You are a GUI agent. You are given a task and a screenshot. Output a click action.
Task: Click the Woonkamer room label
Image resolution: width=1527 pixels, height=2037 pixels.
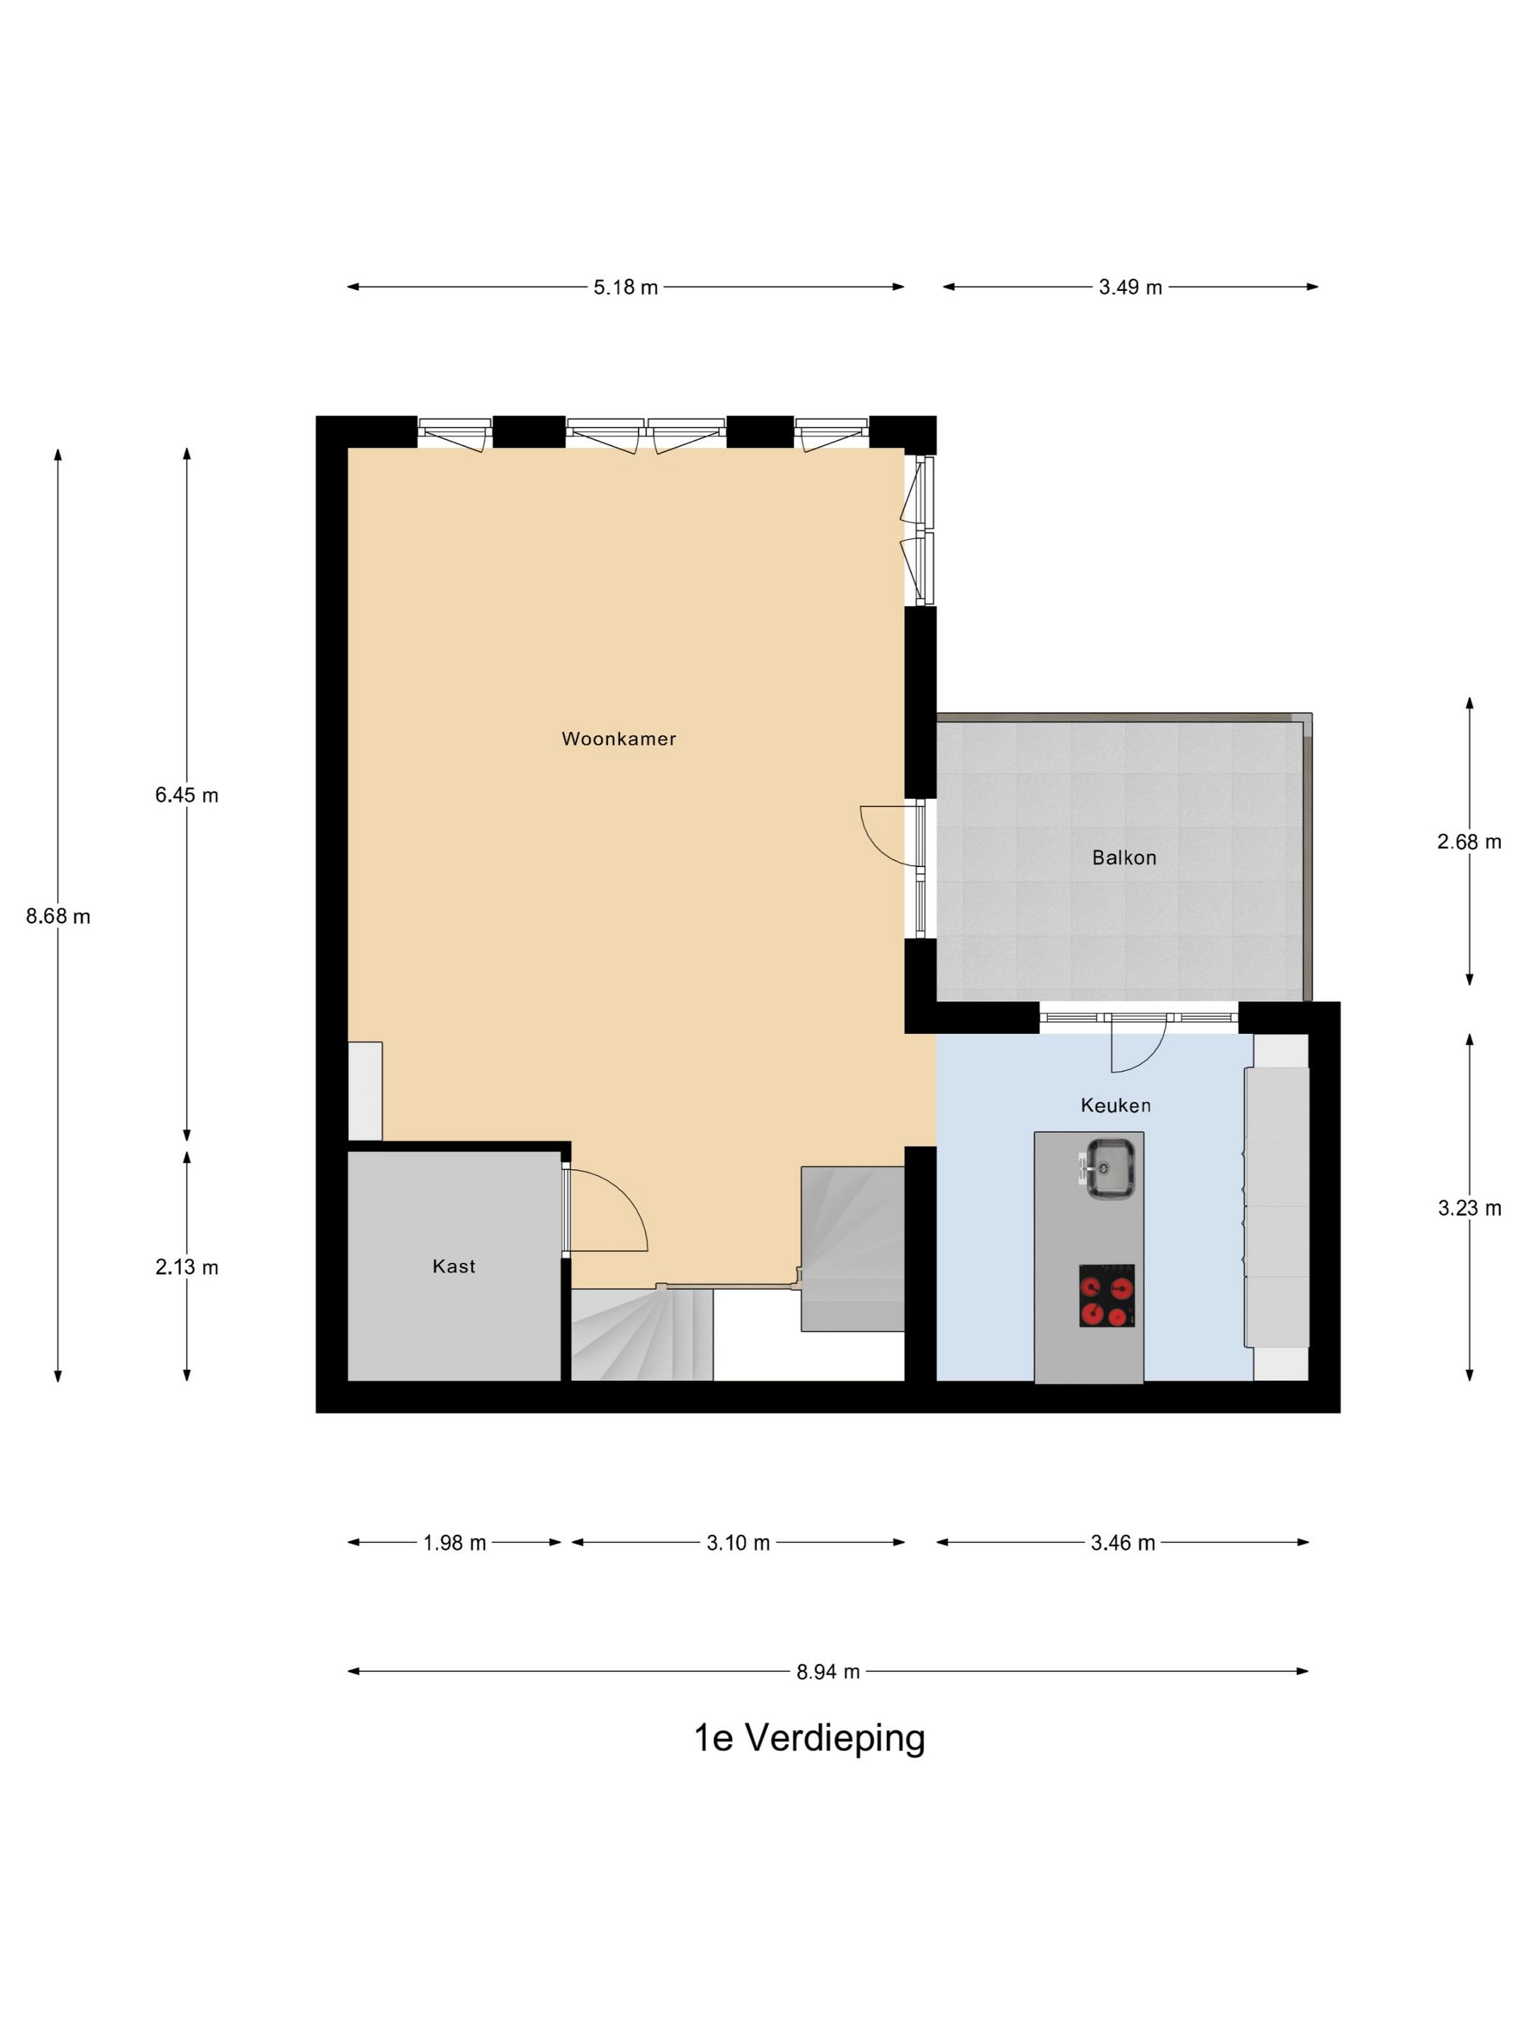[x=619, y=738]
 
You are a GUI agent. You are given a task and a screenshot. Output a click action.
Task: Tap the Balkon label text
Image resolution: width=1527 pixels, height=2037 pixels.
[x=1124, y=857]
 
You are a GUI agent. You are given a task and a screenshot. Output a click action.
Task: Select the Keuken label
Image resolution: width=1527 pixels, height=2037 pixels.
[x=1115, y=1105]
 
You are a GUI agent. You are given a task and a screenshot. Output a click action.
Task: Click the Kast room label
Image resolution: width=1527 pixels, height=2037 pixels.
[x=454, y=1267]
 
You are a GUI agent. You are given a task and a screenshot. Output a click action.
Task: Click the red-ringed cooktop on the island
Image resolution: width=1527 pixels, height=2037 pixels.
[x=1107, y=1296]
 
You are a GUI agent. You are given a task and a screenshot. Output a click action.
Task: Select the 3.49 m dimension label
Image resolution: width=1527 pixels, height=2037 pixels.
[x=1130, y=287]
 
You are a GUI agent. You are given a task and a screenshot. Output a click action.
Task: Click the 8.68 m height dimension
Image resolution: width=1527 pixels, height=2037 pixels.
[x=58, y=916]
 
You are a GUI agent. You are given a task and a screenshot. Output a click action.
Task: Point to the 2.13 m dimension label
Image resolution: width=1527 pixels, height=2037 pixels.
[x=187, y=1267]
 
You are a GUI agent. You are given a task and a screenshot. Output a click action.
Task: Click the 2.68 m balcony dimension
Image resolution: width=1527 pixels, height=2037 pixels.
[x=1469, y=842]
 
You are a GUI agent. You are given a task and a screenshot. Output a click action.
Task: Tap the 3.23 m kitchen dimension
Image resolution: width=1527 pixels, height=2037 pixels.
[x=1469, y=1208]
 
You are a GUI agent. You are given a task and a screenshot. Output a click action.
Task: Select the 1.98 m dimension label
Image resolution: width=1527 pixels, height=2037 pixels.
[x=454, y=1542]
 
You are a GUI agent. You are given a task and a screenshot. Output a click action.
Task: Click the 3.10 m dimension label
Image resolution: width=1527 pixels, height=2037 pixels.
[x=738, y=1542]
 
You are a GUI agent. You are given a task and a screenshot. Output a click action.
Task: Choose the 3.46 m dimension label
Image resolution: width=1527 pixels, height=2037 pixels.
[x=1123, y=1542]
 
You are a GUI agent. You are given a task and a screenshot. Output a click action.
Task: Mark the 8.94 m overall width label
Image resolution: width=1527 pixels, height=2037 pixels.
[x=828, y=1671]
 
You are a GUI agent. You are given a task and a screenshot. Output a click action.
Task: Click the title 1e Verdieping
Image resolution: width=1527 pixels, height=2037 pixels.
[x=809, y=1739]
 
